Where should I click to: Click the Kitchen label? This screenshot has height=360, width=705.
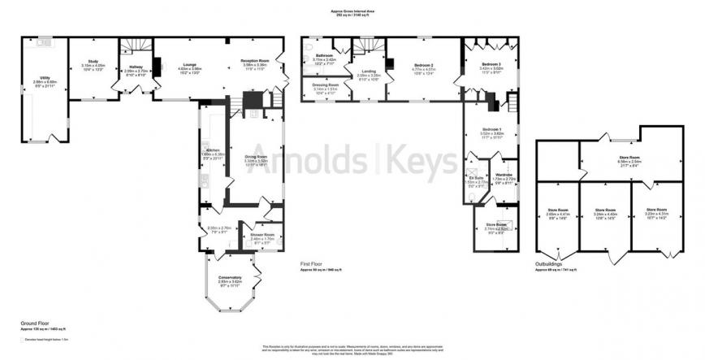click(x=213, y=150)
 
